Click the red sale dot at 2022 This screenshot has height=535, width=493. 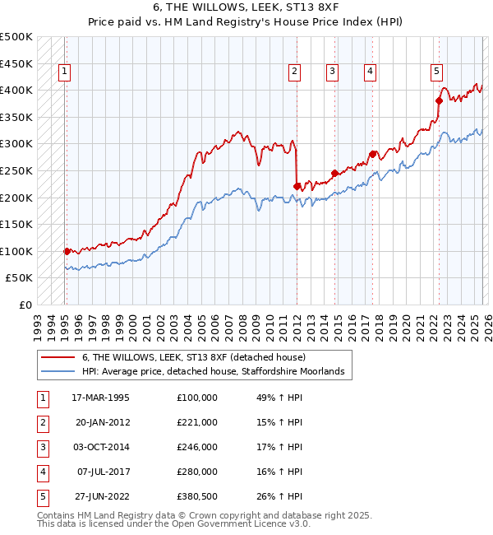pos(439,100)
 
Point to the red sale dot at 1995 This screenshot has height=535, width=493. pos(67,251)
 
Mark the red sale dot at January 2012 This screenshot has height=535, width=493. pos(297,186)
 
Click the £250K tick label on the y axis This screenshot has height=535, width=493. pos(16,170)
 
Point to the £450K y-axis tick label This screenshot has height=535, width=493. pos(16,63)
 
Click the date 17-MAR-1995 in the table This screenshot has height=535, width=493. pos(101,398)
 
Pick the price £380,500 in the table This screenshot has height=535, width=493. pos(197,496)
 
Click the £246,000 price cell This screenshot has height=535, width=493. pos(197,447)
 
